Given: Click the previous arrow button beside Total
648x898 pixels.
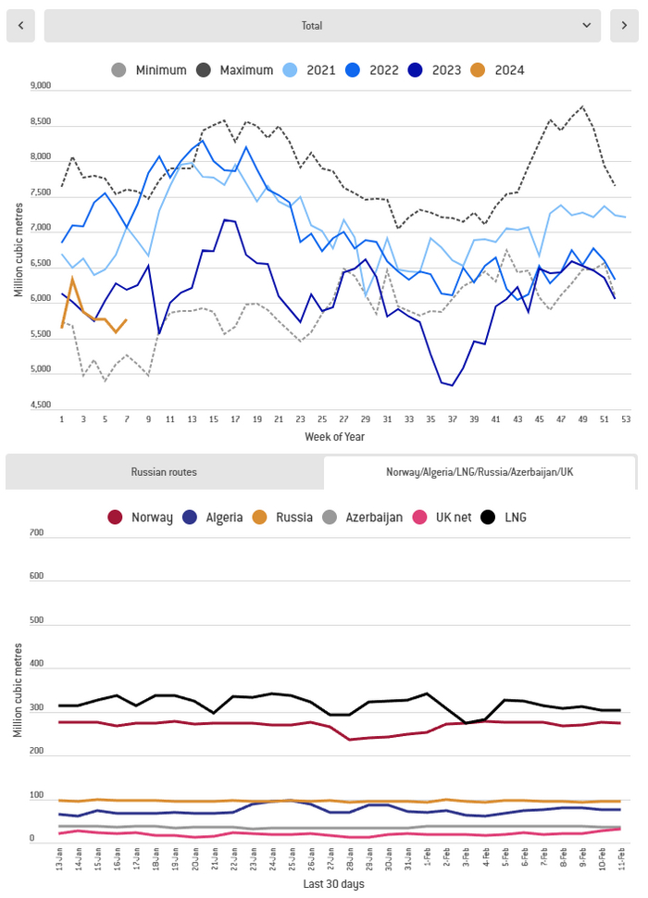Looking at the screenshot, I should (x=20, y=26).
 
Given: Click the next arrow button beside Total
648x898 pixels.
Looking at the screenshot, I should (x=624, y=26).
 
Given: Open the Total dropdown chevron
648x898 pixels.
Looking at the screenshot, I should (x=586, y=26).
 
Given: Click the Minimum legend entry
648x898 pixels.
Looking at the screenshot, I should (x=149, y=70).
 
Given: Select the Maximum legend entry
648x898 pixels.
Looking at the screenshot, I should (x=234, y=70).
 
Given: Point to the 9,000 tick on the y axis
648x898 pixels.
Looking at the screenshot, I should (x=40, y=86).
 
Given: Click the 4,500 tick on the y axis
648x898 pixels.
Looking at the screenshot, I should (x=40, y=405).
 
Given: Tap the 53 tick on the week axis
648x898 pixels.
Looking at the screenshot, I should (x=626, y=419).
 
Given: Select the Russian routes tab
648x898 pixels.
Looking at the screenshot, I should (x=164, y=472).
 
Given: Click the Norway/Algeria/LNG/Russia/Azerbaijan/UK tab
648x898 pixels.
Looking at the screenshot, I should (x=480, y=472).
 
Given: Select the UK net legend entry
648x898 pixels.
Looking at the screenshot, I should (x=453, y=518).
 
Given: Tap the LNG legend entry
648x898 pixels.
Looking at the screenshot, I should (x=504, y=518).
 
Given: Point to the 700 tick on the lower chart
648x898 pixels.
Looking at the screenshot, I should (x=37, y=533).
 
